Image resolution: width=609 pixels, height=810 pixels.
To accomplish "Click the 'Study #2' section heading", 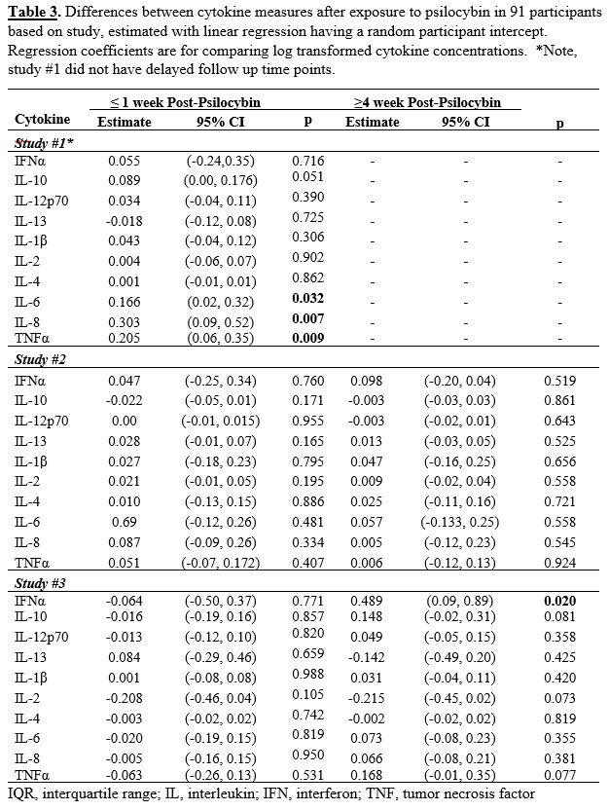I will pyautogui.click(x=38, y=360).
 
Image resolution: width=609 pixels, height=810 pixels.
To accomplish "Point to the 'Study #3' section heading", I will pyautogui.click(x=38, y=582).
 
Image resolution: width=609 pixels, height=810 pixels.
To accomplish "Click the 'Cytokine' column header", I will pyautogui.click(x=42, y=121).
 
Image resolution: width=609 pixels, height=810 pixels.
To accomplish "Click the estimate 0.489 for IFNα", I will pyautogui.click(x=372, y=602).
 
